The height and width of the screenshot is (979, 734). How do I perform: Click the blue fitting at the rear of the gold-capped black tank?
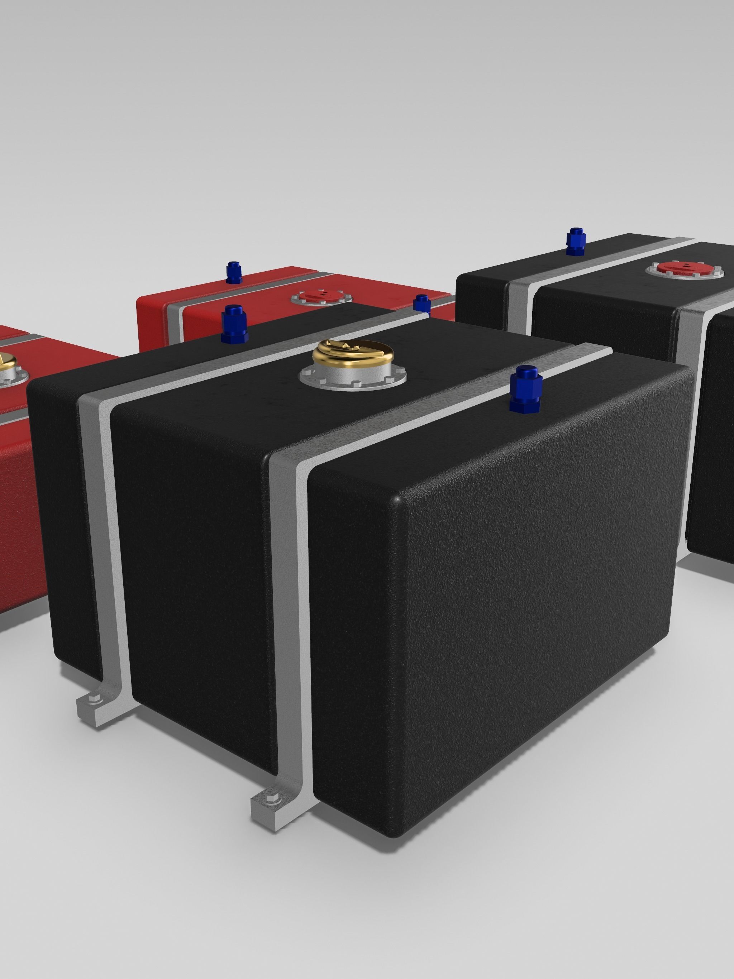(x=234, y=324)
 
